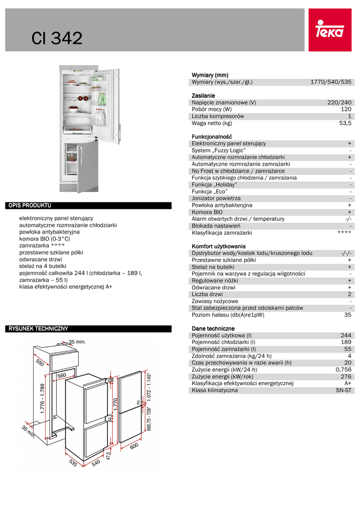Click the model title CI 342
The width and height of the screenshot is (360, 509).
click(57, 38)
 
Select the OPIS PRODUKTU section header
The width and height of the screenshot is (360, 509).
click(30, 205)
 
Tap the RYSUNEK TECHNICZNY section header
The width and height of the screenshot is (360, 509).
click(38, 329)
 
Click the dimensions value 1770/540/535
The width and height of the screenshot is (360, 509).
click(331, 82)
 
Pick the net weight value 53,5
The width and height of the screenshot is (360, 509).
click(345, 123)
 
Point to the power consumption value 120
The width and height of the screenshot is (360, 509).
click(346, 109)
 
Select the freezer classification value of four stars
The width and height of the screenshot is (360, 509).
click(344, 233)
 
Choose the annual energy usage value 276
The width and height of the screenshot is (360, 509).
click(346, 369)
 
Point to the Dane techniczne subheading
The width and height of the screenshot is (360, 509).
click(213, 329)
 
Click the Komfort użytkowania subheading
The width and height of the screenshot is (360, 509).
click(218, 246)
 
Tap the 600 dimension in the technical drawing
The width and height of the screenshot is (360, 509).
click(134, 447)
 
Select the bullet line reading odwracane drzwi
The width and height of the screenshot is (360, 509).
click(40, 259)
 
